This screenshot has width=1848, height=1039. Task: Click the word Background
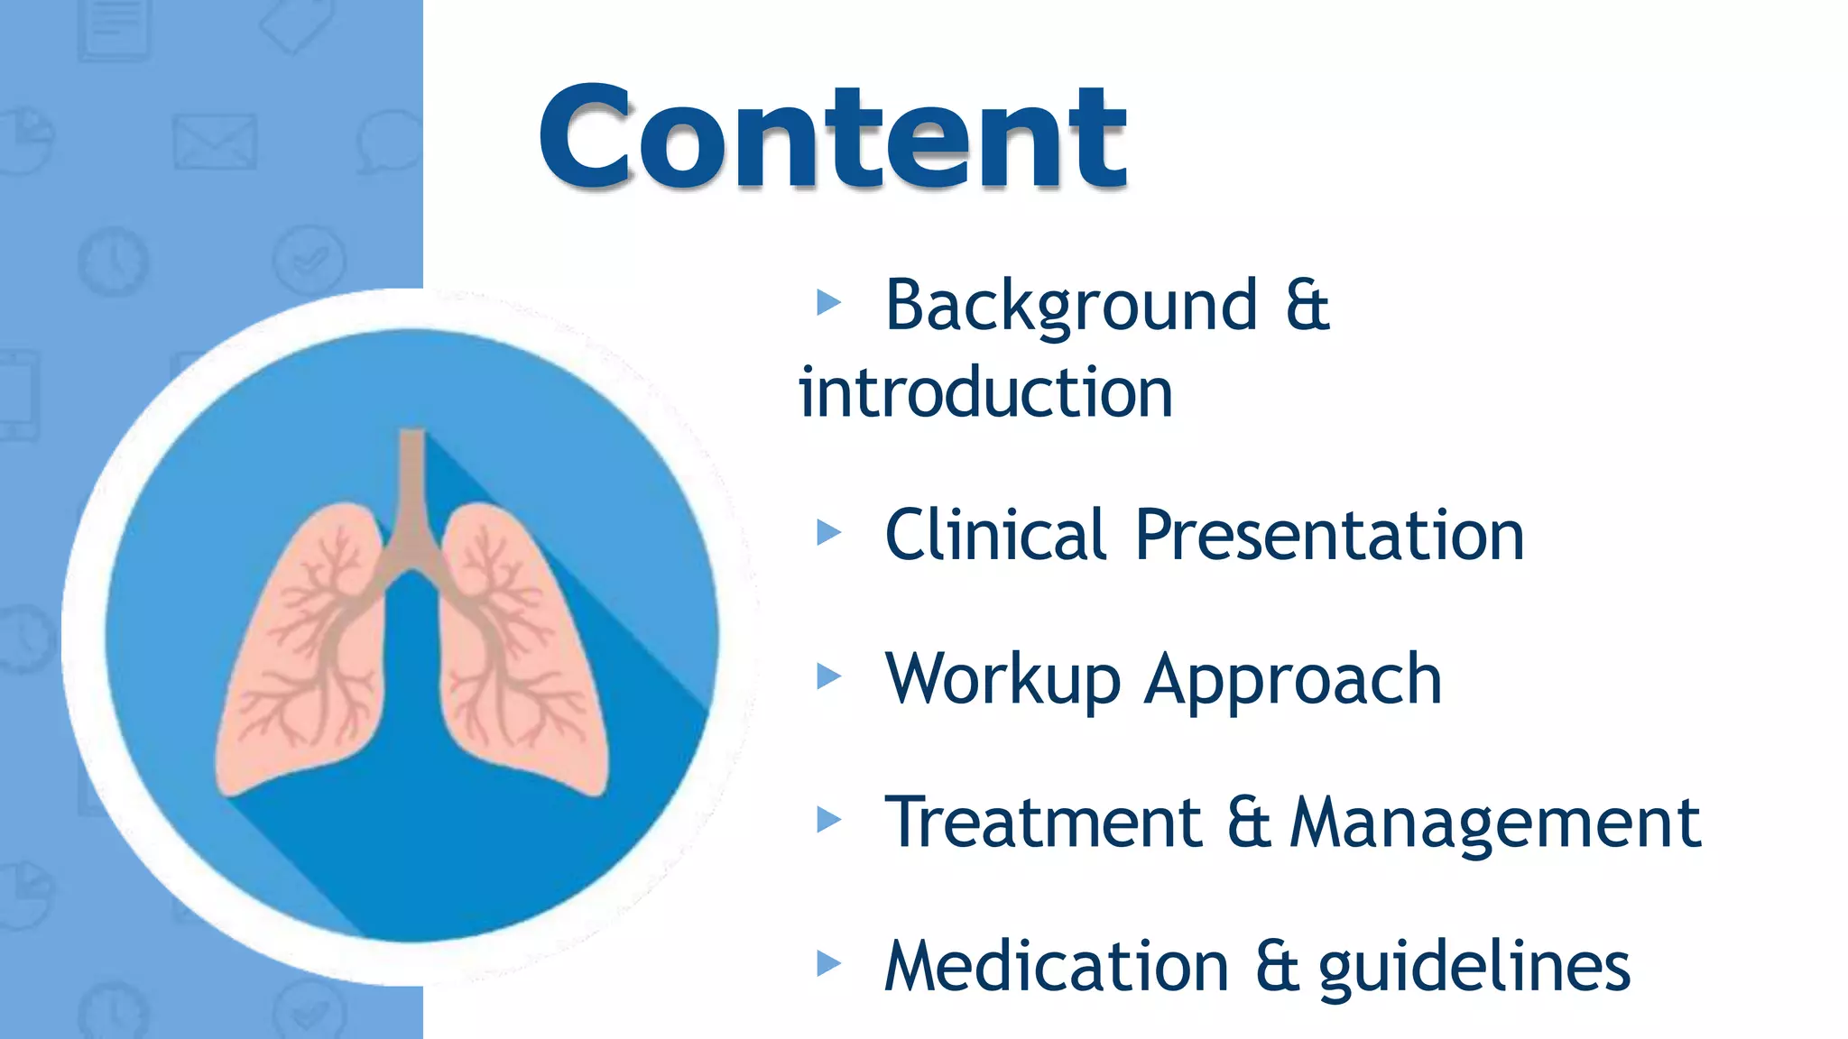click(x=1071, y=306)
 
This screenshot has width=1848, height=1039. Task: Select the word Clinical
click(x=995, y=535)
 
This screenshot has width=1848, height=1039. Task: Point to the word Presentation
click(x=1329, y=535)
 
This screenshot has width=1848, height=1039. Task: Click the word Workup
click(x=1003, y=679)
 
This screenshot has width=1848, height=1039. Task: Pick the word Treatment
click(x=1043, y=822)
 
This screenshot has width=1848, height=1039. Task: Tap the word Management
click(x=1495, y=823)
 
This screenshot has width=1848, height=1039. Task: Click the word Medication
click(x=1057, y=966)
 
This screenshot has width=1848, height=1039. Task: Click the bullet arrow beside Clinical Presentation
click(x=828, y=532)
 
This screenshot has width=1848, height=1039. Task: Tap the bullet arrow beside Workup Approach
click(x=828, y=676)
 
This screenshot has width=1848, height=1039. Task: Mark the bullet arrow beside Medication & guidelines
click(x=828, y=963)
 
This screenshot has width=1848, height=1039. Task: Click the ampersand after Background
click(x=1307, y=306)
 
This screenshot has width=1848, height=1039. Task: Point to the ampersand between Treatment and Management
click(x=1249, y=822)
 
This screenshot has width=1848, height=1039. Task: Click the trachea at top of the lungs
click(x=412, y=487)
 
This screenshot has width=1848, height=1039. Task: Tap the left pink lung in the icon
click(x=298, y=649)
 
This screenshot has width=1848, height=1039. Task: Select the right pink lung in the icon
click(x=523, y=649)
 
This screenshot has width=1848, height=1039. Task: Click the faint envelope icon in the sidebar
click(x=215, y=142)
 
